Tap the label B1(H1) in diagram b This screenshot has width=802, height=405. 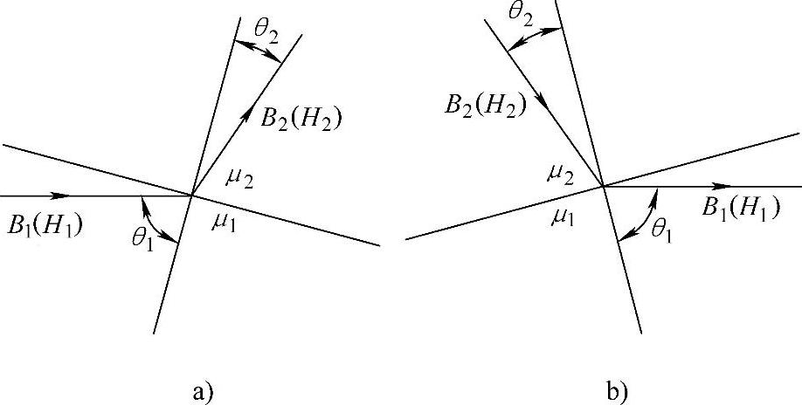[740, 209]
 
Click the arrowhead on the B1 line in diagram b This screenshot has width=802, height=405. [722, 186]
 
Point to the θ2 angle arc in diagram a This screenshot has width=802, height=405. [262, 51]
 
